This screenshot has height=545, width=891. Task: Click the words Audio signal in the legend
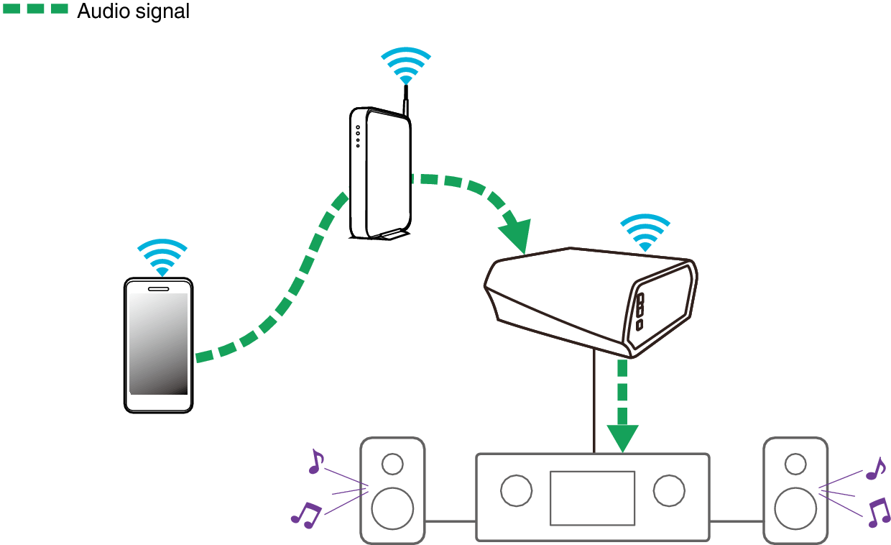click(133, 12)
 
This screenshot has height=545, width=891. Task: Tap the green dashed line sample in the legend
click(35, 10)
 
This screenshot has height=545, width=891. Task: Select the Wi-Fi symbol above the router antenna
click(406, 67)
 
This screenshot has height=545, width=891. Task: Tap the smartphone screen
click(158, 344)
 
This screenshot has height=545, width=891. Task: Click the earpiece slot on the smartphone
click(159, 288)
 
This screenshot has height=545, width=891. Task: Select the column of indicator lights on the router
click(357, 137)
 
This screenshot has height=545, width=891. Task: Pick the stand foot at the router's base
click(388, 234)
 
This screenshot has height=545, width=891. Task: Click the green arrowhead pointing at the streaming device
click(516, 237)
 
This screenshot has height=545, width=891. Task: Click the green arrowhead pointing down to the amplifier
click(622, 437)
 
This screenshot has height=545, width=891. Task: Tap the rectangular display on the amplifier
click(592, 498)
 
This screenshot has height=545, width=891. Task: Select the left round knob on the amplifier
click(516, 490)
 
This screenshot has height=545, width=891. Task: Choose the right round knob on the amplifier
click(668, 490)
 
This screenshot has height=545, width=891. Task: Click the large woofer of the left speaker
click(392, 508)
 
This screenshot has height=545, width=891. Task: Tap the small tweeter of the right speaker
click(795, 464)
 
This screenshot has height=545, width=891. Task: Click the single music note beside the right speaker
click(875, 469)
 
